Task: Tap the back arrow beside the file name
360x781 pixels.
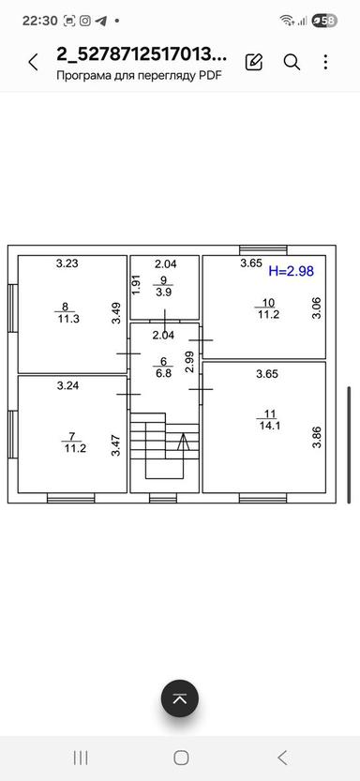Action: [33, 62]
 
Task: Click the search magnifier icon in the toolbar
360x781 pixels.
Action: [292, 62]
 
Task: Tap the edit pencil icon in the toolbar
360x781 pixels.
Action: [254, 62]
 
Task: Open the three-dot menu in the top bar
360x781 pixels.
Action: [325, 62]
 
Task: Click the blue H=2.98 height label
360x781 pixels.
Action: [291, 272]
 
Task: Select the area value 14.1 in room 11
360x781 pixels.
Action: [269, 426]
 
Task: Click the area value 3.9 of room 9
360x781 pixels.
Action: [163, 293]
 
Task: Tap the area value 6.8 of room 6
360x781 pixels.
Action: [163, 373]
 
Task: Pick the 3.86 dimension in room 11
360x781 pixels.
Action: [317, 438]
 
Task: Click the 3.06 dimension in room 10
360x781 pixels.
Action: [318, 308]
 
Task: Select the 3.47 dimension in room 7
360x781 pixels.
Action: [116, 445]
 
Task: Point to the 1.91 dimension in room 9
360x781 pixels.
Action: [136, 285]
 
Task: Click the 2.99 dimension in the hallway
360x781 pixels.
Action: [189, 362]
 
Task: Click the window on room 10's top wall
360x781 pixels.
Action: [262, 250]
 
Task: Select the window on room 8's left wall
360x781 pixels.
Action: [13, 308]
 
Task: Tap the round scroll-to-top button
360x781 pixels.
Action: [180, 698]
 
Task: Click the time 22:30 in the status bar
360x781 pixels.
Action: [40, 21]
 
